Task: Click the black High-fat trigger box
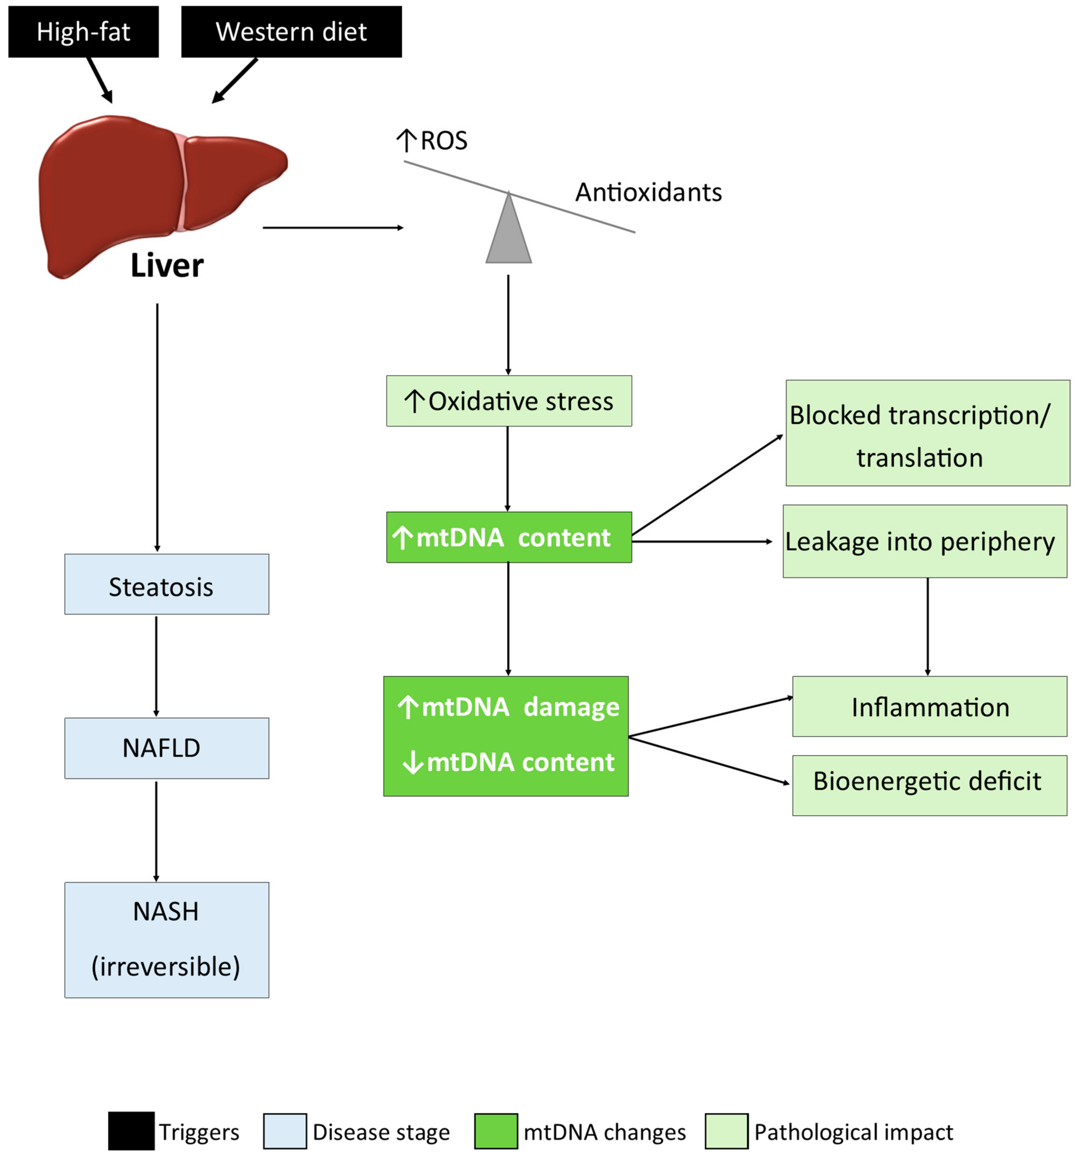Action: [83, 31]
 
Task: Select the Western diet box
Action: [291, 31]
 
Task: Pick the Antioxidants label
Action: [648, 192]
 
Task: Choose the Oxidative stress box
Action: [509, 401]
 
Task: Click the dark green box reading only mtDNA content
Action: [509, 537]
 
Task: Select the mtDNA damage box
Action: [506, 736]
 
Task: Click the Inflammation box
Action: [930, 706]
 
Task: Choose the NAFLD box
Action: [167, 748]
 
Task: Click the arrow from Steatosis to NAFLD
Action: [156, 666]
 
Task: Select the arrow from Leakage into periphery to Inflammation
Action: [927, 627]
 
